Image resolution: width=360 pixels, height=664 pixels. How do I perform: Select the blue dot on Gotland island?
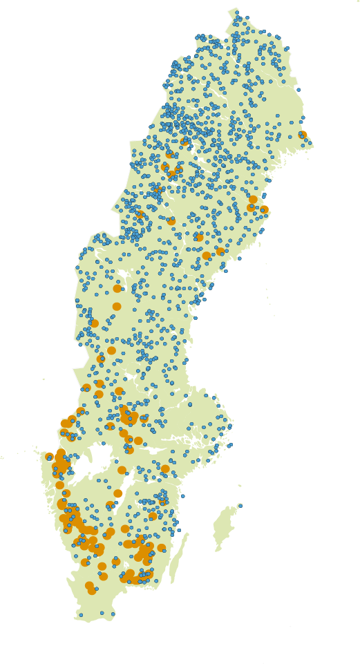click(240, 506)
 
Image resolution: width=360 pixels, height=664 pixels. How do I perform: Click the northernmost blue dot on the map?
click(236, 12)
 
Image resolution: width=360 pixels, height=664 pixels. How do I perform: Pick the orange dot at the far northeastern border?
click(303, 135)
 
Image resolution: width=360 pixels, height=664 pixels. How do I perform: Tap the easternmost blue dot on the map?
click(310, 143)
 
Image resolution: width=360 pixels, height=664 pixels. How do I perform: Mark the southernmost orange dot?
click(92, 591)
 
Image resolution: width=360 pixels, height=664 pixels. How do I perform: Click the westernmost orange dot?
click(49, 457)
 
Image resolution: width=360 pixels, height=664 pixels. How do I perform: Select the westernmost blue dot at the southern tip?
click(81, 615)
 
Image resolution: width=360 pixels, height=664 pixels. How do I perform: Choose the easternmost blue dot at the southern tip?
click(113, 614)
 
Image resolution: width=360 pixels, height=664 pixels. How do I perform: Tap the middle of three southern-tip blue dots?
click(102, 613)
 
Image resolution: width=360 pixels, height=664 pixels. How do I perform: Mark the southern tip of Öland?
click(170, 583)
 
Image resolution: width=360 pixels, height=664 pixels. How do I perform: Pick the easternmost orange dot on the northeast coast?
click(264, 209)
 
